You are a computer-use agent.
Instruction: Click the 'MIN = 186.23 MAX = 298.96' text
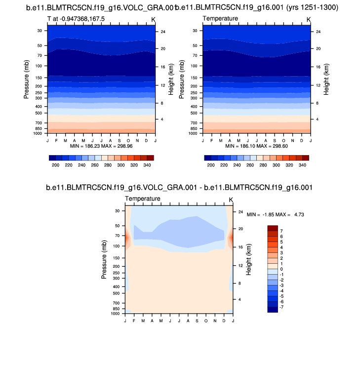101,147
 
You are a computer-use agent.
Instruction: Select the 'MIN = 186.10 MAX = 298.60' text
256,147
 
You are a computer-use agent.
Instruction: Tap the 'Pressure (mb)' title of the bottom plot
104,258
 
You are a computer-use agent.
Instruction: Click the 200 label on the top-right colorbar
211,165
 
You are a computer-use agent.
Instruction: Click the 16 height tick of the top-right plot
319,67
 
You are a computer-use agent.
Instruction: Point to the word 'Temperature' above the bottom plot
143,199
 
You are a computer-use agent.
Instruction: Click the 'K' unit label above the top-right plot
309,19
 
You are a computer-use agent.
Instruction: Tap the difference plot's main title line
179,188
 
